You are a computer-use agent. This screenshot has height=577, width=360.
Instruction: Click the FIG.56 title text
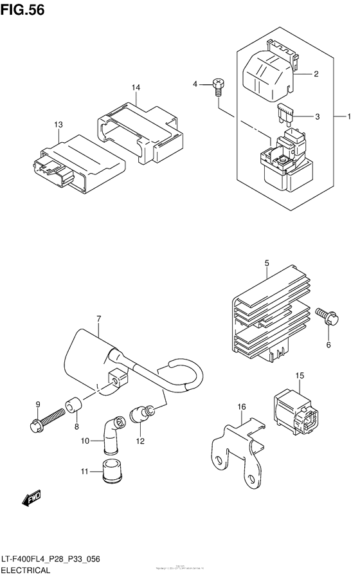pyautogui.click(x=22, y=10)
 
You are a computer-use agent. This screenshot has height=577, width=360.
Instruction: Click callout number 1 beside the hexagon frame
pyautogui.click(x=349, y=116)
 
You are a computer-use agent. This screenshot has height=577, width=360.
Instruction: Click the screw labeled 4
pyautogui.click(x=219, y=87)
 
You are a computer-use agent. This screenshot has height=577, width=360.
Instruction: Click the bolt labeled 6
pyautogui.click(x=324, y=315)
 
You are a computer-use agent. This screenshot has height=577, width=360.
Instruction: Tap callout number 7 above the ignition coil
pyautogui.click(x=99, y=318)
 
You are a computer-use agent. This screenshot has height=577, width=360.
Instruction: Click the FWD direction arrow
pyautogui.click(x=30, y=497)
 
